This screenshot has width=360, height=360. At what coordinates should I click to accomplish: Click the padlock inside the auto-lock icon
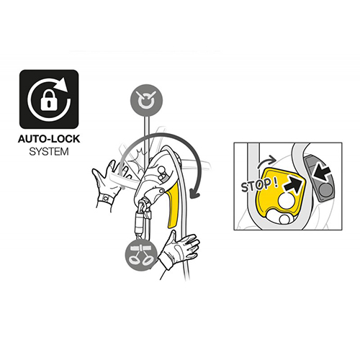(x=49, y=101)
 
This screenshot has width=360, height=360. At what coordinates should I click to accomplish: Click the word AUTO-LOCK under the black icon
(x=49, y=139)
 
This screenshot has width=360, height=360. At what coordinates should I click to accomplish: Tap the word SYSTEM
(x=49, y=152)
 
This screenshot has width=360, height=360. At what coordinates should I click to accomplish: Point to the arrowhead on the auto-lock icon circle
(x=63, y=84)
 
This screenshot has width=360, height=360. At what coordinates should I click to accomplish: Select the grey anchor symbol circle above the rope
(x=146, y=100)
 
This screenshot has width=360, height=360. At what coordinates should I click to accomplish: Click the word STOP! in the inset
(x=259, y=185)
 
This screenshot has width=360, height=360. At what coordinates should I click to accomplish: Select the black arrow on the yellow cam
(x=292, y=184)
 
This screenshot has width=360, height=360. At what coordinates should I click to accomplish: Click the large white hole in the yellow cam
(x=287, y=200)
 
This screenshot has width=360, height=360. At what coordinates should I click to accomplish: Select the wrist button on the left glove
(x=105, y=199)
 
